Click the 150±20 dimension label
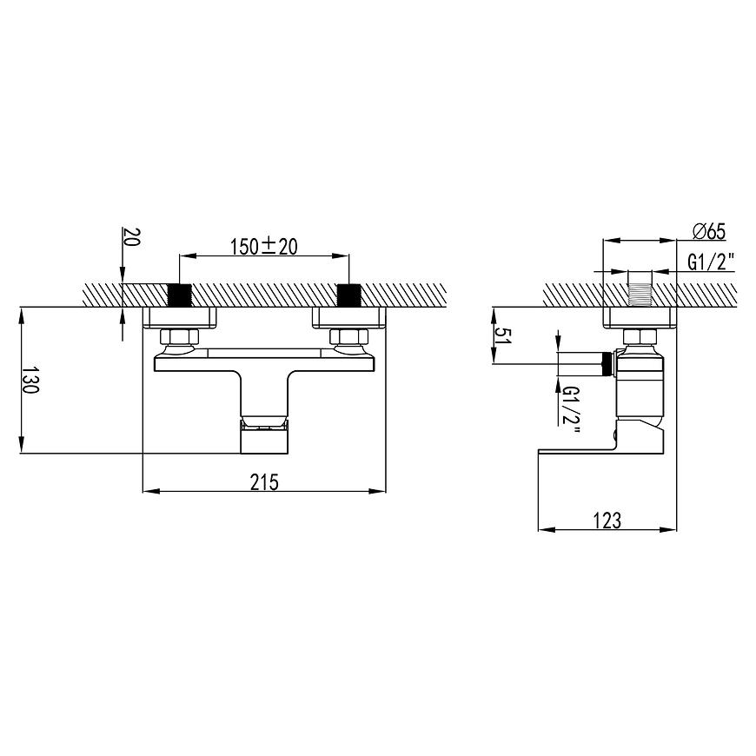point(264,247)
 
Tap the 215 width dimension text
point(264,482)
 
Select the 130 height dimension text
point(30,380)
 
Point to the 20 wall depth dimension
point(131,236)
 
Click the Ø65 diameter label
point(709,231)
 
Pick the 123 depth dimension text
point(607,521)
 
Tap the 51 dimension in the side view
point(503,335)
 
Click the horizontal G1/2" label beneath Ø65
point(711,262)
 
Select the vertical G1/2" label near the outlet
point(570,410)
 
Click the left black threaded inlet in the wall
point(179,295)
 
